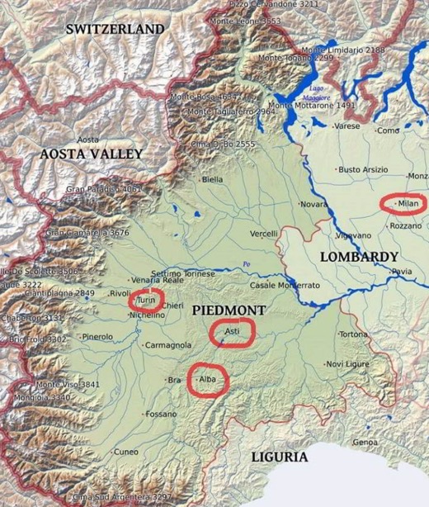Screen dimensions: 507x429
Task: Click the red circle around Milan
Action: coord(403,203)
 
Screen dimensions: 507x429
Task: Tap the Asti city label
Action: coord(231,331)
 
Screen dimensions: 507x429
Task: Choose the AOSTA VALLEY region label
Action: coord(91,154)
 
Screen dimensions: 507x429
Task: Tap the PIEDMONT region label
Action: coord(229,310)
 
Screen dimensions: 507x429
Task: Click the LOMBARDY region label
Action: coord(359,257)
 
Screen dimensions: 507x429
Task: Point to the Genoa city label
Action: coord(365,442)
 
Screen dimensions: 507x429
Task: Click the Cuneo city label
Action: coord(125,452)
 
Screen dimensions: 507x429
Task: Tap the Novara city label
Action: coord(313,203)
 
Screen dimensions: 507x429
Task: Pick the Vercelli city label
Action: coord(264,234)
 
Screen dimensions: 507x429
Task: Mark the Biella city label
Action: coord(212,179)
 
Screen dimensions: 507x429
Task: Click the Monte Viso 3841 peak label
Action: coord(67,384)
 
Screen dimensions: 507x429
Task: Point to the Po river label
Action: coord(245,264)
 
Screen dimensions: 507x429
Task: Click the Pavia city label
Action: coord(402,271)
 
